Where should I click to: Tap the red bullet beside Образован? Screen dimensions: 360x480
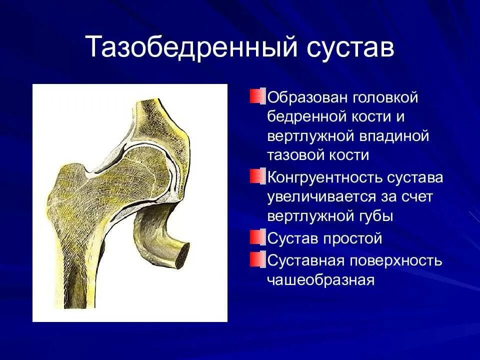coord(256,96)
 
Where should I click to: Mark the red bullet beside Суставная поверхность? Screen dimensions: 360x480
coord(256,259)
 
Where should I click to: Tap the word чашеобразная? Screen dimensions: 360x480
coord(320,280)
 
